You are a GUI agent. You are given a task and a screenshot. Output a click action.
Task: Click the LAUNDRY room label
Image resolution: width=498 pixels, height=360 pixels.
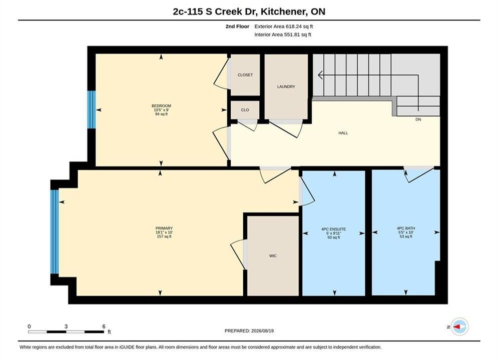click(x=286, y=86)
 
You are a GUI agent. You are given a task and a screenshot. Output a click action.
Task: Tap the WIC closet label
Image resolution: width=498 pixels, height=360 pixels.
click(x=273, y=255)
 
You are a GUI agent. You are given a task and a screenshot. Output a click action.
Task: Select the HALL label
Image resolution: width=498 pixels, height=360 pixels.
click(x=343, y=133)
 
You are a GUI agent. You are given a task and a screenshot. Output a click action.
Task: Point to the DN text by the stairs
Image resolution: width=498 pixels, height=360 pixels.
click(x=418, y=119)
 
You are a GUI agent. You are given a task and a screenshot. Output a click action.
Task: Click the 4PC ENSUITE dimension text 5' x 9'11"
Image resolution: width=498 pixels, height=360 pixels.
click(x=333, y=233)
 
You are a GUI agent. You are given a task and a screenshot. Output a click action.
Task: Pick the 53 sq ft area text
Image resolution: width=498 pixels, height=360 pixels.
click(x=406, y=236)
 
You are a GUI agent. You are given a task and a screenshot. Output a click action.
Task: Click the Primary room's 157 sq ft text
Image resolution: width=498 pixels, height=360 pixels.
click(x=164, y=236)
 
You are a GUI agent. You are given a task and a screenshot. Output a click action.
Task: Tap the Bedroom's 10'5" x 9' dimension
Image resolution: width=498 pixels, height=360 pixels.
click(x=161, y=109)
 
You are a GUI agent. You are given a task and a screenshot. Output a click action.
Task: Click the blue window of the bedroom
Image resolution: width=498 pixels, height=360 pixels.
click(x=92, y=109)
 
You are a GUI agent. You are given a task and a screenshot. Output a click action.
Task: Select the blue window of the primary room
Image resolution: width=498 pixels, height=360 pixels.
click(x=55, y=231)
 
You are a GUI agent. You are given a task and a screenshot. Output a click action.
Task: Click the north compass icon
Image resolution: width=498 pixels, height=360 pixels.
click(x=459, y=326)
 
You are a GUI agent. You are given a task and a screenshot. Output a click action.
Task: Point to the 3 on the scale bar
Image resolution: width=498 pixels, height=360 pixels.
click(x=66, y=326)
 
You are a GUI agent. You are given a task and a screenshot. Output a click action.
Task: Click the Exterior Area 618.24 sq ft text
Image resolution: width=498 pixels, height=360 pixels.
click(x=284, y=26)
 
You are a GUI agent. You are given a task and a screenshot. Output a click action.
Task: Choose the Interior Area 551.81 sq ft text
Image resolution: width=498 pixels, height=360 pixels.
click(x=283, y=34)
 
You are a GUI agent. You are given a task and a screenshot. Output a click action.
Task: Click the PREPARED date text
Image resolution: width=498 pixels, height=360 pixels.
click(x=249, y=331)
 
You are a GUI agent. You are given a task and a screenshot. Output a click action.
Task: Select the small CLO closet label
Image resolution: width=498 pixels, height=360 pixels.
click(x=245, y=110)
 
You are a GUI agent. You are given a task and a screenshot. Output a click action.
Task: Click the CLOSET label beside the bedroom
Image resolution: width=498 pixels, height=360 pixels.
click(x=245, y=75)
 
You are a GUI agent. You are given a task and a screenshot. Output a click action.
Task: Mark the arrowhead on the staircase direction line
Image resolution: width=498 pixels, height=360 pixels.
click(x=321, y=75)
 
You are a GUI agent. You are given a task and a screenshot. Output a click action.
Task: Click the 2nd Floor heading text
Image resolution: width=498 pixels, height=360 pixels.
click(x=237, y=26)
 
